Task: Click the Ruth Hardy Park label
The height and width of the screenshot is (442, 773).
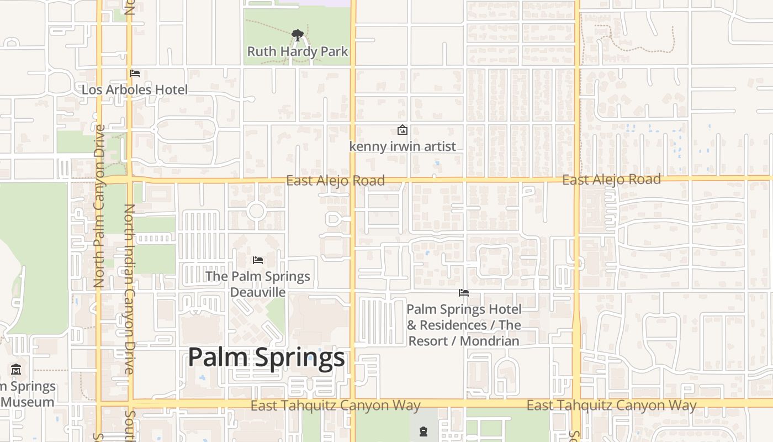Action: tap(298, 51)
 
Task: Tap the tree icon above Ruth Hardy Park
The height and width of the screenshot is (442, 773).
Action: tap(298, 36)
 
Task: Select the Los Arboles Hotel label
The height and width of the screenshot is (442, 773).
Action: tap(135, 90)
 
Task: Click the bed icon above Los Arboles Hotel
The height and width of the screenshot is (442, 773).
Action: tap(135, 73)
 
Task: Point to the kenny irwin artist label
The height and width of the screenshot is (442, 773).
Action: tap(403, 146)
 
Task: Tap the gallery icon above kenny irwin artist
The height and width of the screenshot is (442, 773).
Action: tap(403, 130)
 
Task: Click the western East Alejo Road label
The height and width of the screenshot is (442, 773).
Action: tap(335, 181)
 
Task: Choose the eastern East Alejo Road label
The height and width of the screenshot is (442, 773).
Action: tap(611, 180)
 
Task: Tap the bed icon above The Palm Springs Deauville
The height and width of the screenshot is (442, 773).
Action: tap(257, 260)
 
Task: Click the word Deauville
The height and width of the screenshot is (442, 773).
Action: tap(258, 292)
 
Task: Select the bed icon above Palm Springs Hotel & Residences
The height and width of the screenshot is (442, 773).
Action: tap(464, 293)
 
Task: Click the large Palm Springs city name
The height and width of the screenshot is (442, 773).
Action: tap(266, 357)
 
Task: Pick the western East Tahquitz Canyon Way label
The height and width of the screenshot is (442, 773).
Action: tap(335, 406)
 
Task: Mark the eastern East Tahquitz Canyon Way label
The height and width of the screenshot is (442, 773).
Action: tap(611, 406)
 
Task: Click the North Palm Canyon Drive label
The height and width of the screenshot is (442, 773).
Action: tap(99, 206)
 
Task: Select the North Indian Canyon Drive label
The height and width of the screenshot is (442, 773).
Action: tap(130, 288)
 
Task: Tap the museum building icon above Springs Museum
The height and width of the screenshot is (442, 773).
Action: tap(16, 370)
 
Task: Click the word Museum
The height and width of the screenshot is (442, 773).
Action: tap(28, 402)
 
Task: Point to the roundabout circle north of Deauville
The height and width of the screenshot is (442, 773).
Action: tap(256, 211)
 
